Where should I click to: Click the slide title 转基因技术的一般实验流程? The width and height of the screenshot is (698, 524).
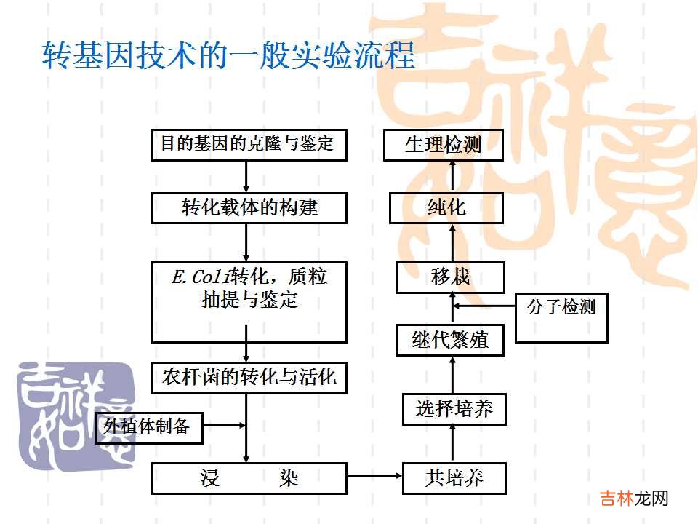(229, 55)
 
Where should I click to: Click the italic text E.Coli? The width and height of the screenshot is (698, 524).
(201, 277)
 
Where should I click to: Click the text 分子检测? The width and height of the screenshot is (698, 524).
(561, 307)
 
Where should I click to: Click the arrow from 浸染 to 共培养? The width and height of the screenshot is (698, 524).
(374, 476)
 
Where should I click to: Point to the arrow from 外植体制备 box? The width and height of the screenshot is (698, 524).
(225, 425)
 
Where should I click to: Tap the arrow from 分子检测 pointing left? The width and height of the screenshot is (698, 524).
(484, 306)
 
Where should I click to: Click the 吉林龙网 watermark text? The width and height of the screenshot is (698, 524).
(634, 498)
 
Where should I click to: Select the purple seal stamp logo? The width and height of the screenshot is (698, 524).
(76, 416)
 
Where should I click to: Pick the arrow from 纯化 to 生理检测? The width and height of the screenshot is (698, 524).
(453, 175)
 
